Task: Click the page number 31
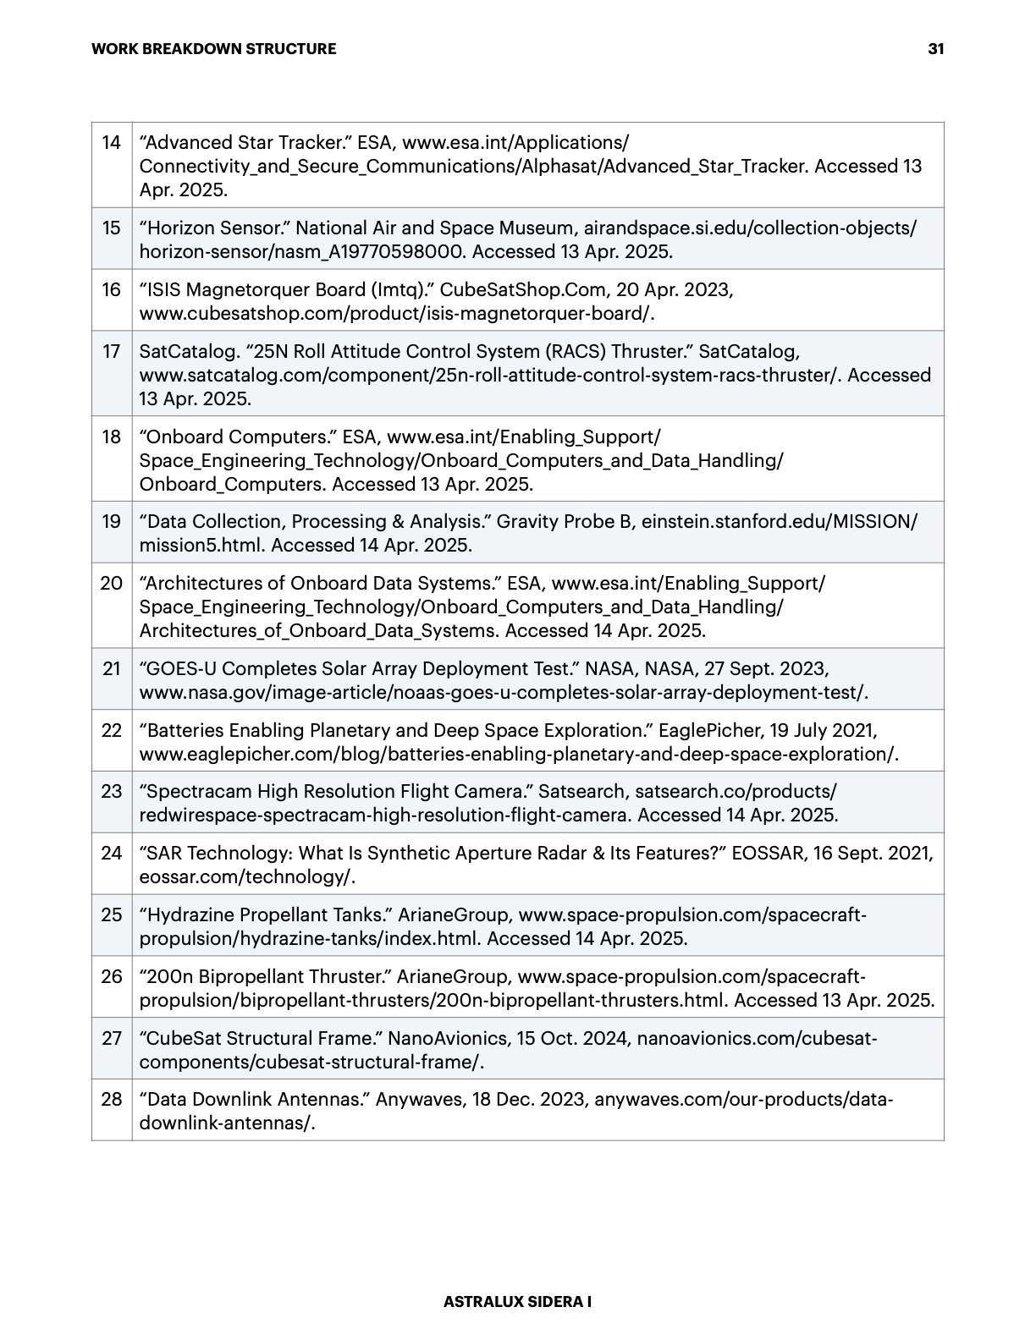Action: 935,49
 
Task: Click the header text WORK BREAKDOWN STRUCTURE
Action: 213,49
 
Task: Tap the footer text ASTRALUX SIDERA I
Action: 517,1302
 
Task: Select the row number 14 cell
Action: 112,142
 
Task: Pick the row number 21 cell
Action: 112,668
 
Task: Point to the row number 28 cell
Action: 112,1099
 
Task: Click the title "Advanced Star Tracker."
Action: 245,142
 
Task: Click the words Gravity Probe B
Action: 564,521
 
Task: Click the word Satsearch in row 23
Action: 581,792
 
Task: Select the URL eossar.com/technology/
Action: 245,876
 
